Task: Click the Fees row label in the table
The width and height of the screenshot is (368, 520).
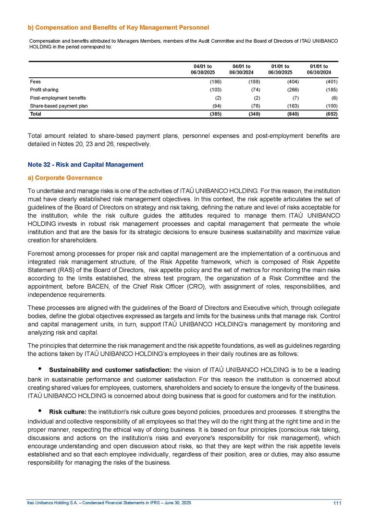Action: tap(35, 82)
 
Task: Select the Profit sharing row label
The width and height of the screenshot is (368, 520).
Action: tap(44, 89)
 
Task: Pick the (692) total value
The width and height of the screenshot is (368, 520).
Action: tap(331, 114)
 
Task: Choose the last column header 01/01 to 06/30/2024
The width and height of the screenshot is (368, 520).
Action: tap(319, 69)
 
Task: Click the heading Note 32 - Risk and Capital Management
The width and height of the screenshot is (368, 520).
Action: tap(86, 165)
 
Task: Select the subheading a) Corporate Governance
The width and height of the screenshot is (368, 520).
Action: tap(65, 178)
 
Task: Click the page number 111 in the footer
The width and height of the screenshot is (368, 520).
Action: tap(336, 503)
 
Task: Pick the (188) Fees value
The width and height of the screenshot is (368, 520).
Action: tap(253, 82)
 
